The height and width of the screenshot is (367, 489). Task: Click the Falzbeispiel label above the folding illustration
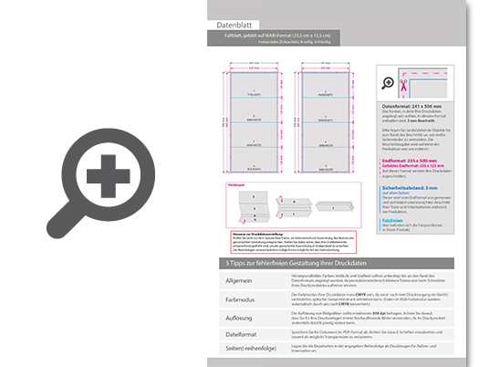click(234, 184)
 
